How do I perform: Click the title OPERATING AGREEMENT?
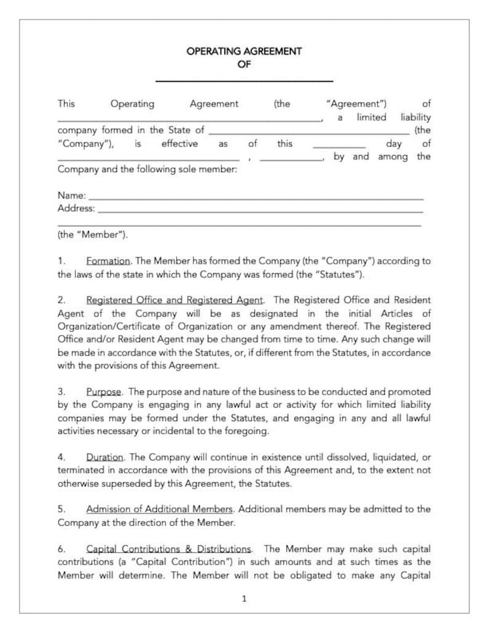click(x=244, y=52)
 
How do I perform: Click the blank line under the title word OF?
click(x=244, y=80)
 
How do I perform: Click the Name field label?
click(x=71, y=196)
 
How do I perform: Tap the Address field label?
click(x=76, y=208)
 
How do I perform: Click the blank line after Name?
click(x=256, y=199)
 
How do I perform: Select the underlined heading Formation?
click(x=108, y=261)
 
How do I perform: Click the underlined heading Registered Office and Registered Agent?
click(x=175, y=300)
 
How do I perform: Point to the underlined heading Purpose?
click(x=104, y=392)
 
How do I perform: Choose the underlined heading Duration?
click(x=105, y=457)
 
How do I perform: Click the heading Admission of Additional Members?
click(x=159, y=510)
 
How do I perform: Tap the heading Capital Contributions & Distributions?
click(x=168, y=549)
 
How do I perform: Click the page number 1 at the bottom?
click(x=244, y=598)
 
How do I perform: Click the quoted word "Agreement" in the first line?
click(x=356, y=104)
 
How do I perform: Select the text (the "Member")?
click(x=93, y=235)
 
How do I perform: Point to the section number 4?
click(x=61, y=457)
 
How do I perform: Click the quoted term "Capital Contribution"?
click(x=185, y=562)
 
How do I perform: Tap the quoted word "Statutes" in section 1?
click(x=340, y=274)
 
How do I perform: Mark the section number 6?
click(x=61, y=549)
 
